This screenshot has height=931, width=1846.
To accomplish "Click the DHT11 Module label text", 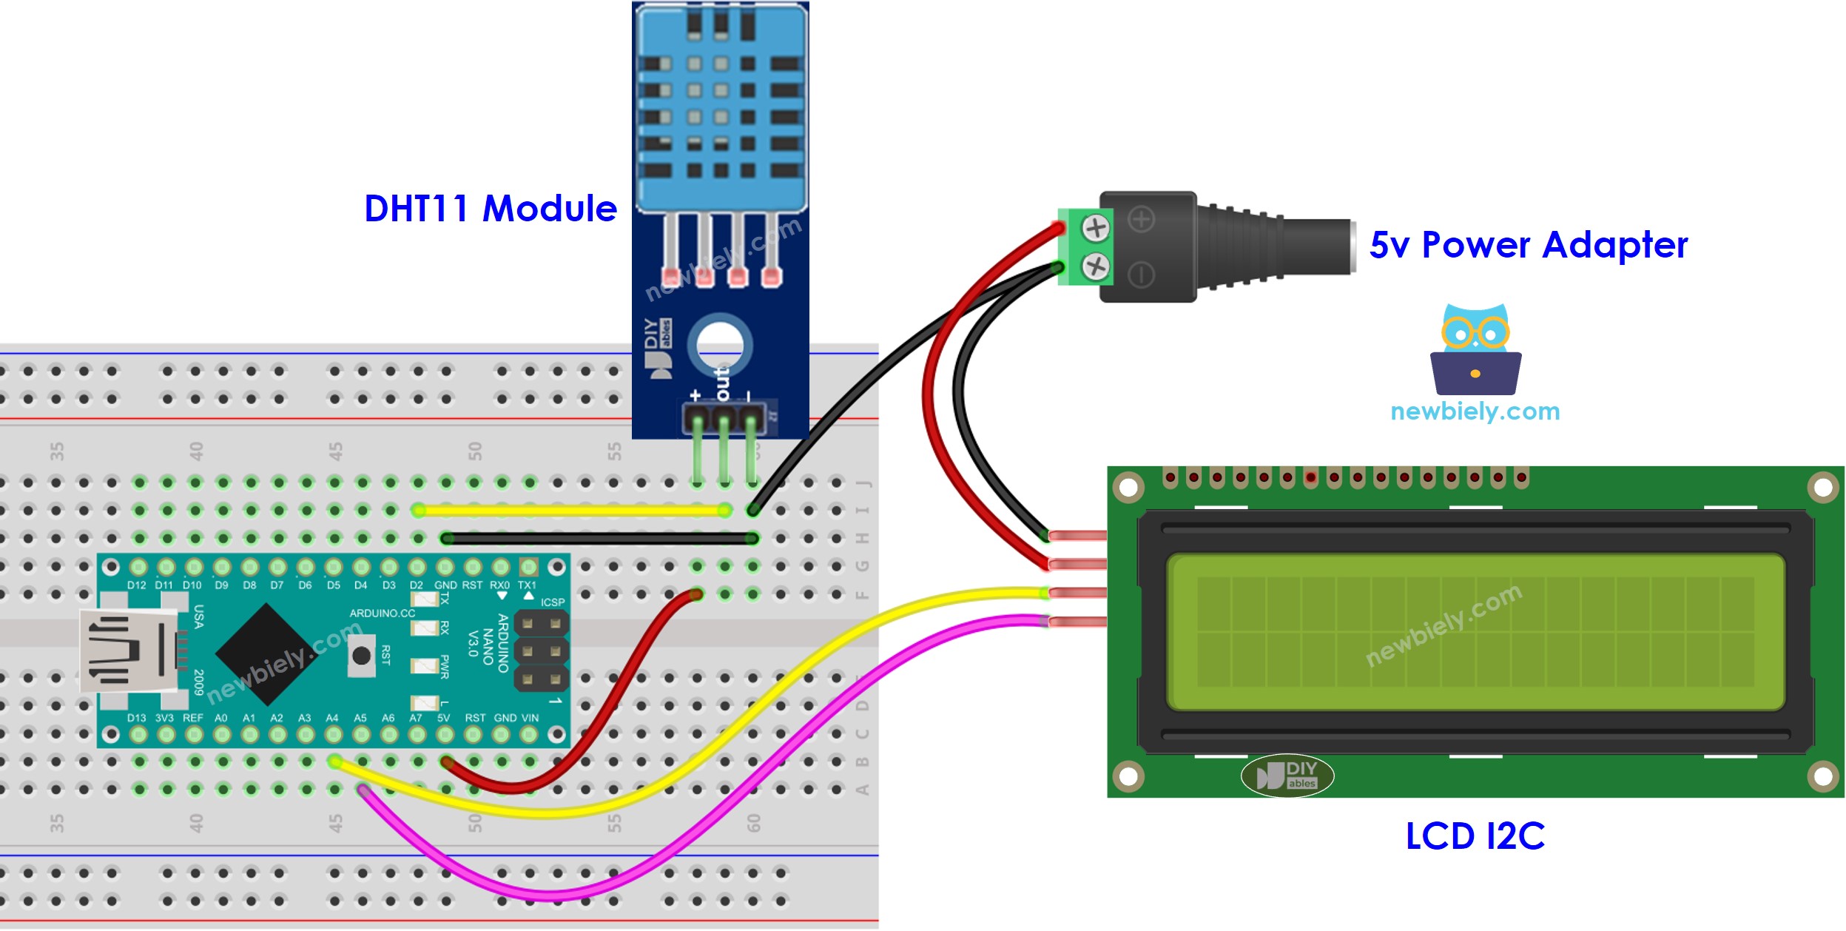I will pyautogui.click(x=490, y=209).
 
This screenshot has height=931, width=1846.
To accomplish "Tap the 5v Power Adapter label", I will pyautogui.click(x=1528, y=245).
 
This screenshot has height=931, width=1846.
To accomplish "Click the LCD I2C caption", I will pyautogui.click(x=1475, y=836).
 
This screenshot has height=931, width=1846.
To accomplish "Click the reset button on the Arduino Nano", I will pyautogui.click(x=361, y=656).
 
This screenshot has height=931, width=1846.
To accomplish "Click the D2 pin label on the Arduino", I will pyautogui.click(x=417, y=585).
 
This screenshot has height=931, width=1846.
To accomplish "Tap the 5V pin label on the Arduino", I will pyautogui.click(x=443, y=718).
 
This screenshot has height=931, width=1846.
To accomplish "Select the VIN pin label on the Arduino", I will pyautogui.click(x=530, y=718).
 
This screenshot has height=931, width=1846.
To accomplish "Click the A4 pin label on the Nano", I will pyautogui.click(x=332, y=718).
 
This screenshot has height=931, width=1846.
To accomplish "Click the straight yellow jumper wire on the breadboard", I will pyautogui.click(x=570, y=511).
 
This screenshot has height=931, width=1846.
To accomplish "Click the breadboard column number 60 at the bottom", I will pyautogui.click(x=753, y=823).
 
